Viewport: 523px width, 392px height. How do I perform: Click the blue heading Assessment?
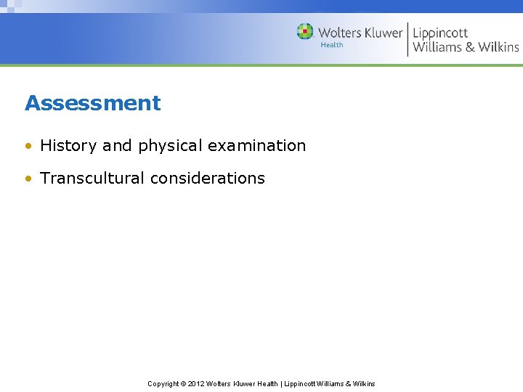click(x=92, y=103)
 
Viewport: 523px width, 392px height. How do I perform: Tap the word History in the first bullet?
click(x=68, y=145)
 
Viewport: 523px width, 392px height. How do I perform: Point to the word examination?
click(x=256, y=145)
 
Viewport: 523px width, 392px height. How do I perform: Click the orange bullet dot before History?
click(x=28, y=146)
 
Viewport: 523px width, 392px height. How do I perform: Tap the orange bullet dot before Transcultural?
click(x=28, y=179)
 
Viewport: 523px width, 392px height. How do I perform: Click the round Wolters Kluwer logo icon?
click(x=305, y=32)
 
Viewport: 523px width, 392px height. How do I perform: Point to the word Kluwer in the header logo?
click(x=383, y=33)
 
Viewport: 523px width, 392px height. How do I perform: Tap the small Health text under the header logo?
click(x=332, y=45)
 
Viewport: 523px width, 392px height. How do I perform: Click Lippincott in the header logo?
click(x=440, y=33)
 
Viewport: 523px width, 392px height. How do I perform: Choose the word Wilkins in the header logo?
click(x=498, y=47)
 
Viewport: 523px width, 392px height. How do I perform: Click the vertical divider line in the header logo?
click(x=408, y=39)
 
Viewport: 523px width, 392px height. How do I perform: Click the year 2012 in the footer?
click(x=196, y=383)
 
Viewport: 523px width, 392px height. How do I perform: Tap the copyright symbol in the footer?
click(x=183, y=383)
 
